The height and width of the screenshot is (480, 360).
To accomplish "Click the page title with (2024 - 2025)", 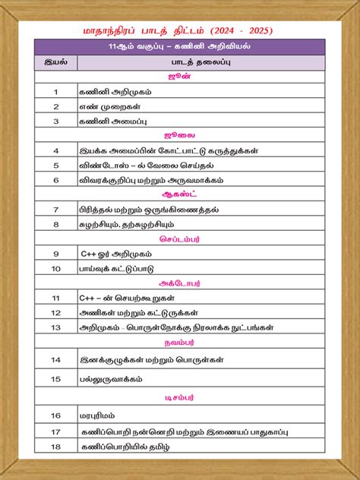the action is point(180,31).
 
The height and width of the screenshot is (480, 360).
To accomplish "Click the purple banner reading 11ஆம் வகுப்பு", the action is point(180,47).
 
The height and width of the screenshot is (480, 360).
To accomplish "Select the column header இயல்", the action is point(55,62).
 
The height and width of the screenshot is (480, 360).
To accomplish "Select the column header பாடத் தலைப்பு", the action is point(201,62).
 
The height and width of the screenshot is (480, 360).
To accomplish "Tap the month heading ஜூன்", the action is point(180,77).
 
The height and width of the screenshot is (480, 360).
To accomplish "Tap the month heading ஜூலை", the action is point(180,135).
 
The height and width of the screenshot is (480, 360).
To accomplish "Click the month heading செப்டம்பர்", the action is point(180,238).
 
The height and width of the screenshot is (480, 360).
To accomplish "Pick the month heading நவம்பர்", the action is point(180,343).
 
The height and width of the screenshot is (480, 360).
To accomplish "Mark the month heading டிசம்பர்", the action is point(180,396).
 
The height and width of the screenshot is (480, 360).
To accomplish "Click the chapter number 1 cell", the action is point(55,92).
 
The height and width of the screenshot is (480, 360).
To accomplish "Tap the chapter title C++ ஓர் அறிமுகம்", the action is point(111,254).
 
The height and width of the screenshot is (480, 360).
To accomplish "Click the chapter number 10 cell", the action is point(55,268).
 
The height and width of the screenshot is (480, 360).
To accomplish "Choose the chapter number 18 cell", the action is point(55,447).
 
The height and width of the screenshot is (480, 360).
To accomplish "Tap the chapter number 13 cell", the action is point(55,327).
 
